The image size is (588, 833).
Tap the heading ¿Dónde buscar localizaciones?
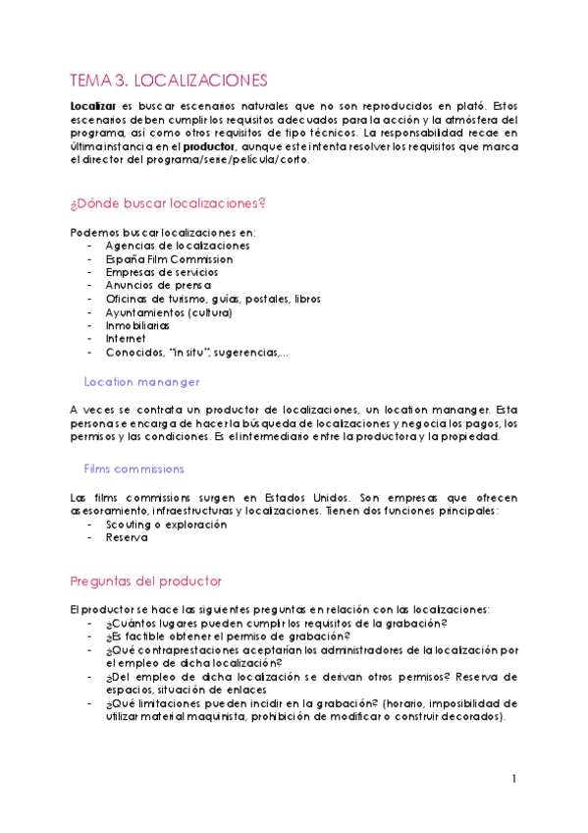(x=168, y=203)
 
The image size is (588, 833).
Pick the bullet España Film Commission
(x=169, y=258)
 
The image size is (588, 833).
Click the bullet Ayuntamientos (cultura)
(x=168, y=312)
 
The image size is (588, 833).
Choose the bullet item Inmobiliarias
(x=137, y=325)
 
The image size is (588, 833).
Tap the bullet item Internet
(x=126, y=339)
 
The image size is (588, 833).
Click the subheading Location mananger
(x=142, y=381)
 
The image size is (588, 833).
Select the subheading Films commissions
(x=134, y=469)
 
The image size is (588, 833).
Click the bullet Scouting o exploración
(x=166, y=525)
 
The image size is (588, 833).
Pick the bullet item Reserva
(x=127, y=538)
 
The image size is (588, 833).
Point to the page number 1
(x=513, y=779)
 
